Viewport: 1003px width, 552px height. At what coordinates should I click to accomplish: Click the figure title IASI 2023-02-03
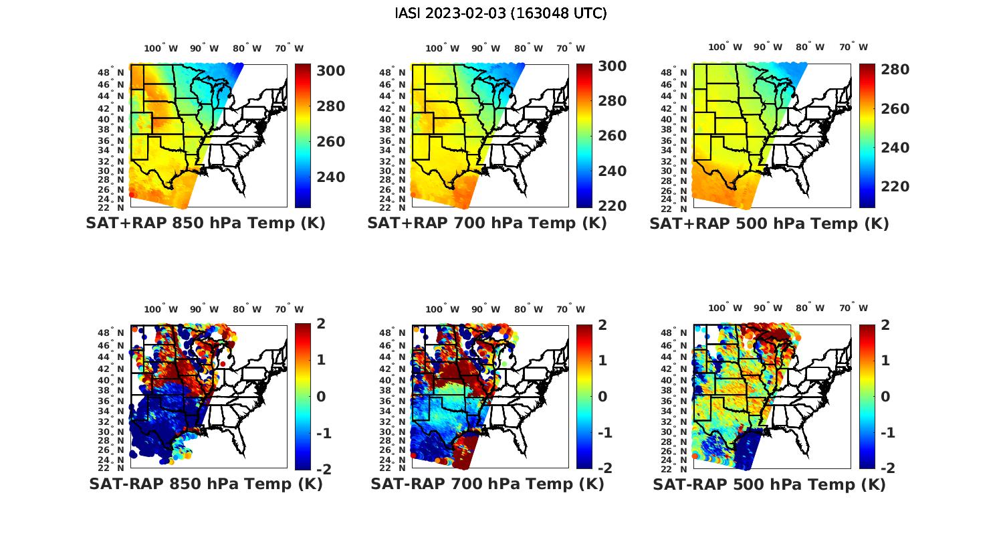pos(501,13)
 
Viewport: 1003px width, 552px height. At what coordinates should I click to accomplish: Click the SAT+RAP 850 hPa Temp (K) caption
pos(205,223)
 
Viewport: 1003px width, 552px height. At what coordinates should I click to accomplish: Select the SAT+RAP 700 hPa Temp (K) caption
pos(487,223)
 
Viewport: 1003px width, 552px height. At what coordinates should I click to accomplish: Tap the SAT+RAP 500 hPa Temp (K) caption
pos(769,224)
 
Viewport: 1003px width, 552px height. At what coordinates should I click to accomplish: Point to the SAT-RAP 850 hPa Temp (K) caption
pos(205,484)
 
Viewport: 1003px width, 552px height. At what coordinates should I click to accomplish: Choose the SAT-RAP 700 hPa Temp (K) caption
pos(487,484)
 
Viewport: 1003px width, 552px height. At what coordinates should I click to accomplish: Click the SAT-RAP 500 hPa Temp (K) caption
pos(769,484)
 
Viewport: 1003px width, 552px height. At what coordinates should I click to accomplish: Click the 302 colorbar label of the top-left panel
pos(330,71)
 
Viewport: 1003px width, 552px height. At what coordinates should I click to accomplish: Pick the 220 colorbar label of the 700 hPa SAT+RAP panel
pos(612,205)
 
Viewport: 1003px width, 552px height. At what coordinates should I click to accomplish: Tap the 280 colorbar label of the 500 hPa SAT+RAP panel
pos(895,70)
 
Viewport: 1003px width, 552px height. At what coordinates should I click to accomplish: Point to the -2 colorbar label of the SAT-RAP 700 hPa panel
pos(604,468)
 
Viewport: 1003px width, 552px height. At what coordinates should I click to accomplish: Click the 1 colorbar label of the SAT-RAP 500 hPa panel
pos(886,361)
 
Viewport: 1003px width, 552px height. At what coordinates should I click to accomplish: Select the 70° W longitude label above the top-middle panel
pos(570,48)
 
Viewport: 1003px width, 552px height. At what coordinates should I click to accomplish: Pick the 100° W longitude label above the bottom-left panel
pos(161,309)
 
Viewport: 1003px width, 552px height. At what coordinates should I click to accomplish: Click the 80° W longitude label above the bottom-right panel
pos(810,308)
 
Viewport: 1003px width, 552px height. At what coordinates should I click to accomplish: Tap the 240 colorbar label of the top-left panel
pos(330,177)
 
